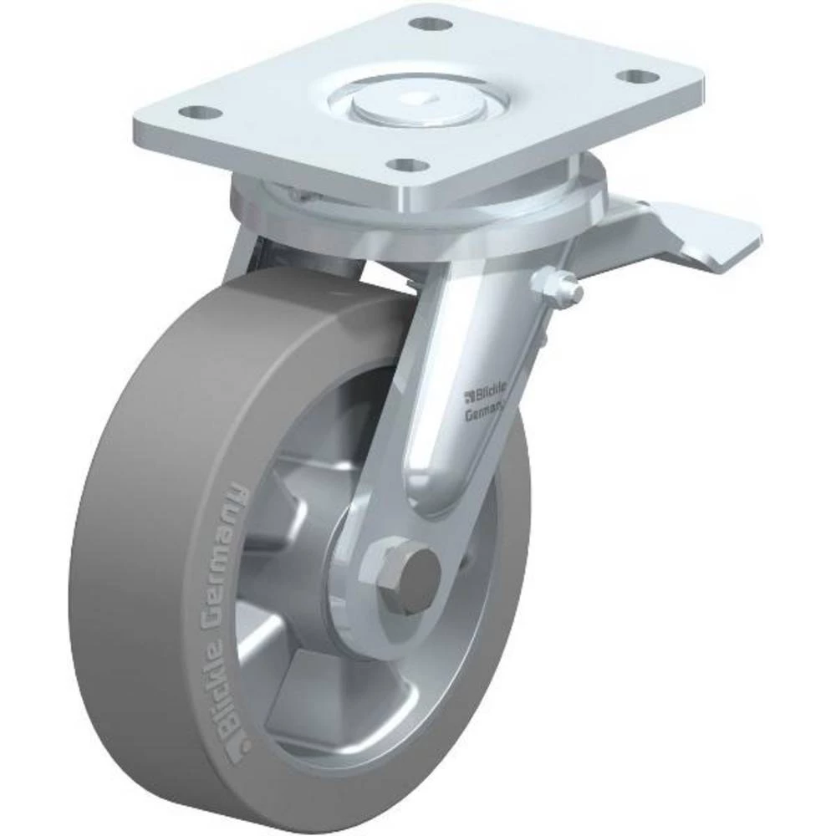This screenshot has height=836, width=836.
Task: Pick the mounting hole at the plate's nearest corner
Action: tap(405, 164)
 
